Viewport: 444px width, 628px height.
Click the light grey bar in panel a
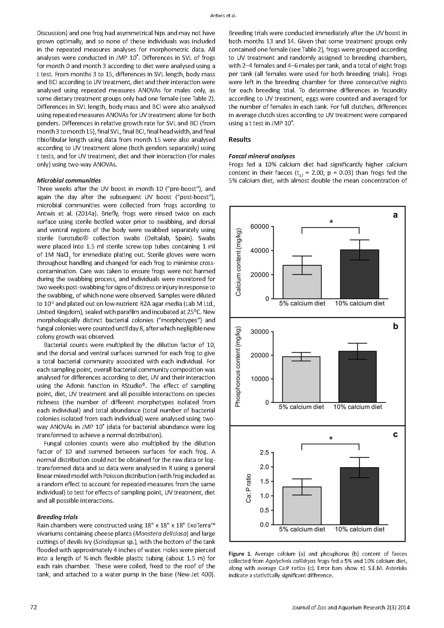click(x=302, y=282)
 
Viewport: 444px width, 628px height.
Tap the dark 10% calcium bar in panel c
click(x=359, y=496)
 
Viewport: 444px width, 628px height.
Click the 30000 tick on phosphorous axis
click(x=260, y=332)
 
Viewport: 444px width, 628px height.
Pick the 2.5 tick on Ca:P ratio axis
click(x=264, y=453)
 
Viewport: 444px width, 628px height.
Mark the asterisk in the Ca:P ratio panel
click(x=331, y=439)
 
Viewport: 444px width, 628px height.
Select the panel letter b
click(x=395, y=326)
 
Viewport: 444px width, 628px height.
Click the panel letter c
click(x=395, y=435)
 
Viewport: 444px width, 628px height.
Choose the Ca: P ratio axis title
click(x=248, y=488)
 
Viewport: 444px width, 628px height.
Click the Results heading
click(x=239, y=140)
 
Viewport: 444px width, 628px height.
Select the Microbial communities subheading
click(x=69, y=180)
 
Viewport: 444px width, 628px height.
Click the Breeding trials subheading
click(x=57, y=517)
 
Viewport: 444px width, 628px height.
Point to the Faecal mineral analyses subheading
click(x=262, y=156)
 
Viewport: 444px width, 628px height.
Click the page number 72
click(x=34, y=607)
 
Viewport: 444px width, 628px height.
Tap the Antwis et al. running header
click(x=221, y=15)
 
